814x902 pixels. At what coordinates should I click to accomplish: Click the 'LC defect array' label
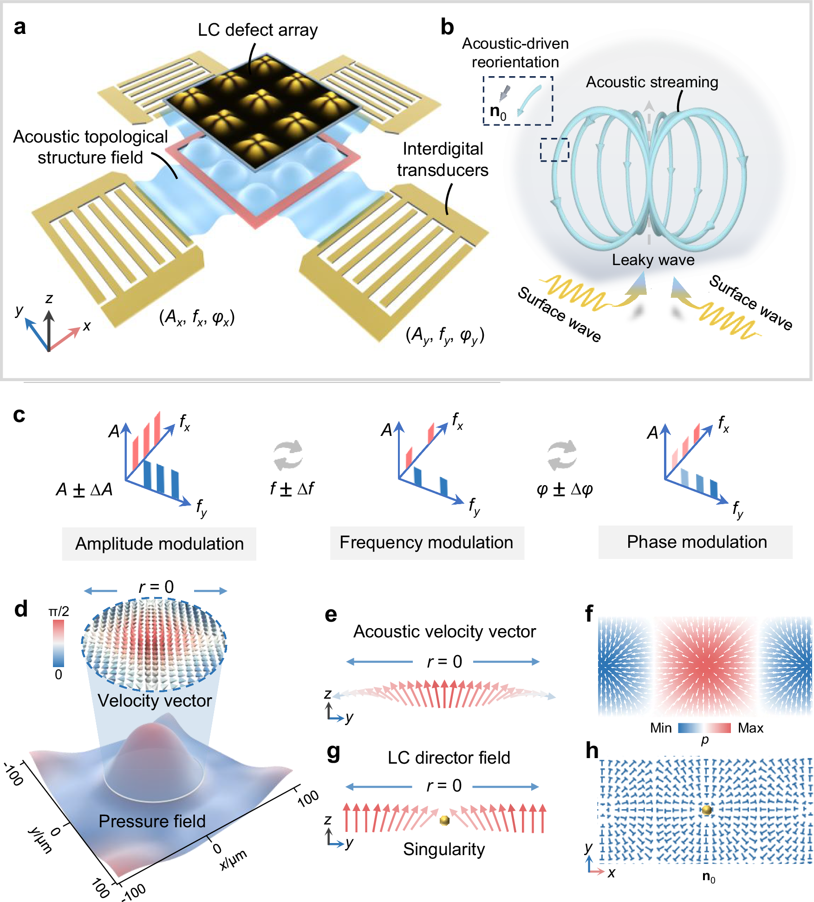pos(258,30)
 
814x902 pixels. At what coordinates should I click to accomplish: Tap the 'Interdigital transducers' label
pos(443,159)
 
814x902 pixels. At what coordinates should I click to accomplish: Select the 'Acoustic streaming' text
pos(651,82)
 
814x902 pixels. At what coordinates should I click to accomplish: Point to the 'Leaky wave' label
pos(653,260)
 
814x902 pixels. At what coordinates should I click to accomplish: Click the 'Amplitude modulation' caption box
pos(159,544)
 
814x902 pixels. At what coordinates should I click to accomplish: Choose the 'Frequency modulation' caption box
pos(427,543)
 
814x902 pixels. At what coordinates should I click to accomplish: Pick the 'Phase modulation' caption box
pos(697,542)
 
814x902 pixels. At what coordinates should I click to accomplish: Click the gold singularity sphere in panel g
pos(444,820)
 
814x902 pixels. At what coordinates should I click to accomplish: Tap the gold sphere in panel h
pos(707,810)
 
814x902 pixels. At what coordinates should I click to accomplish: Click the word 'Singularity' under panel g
pos(444,849)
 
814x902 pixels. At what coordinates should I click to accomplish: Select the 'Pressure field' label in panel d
pos(152,821)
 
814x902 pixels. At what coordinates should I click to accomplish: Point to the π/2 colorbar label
pos(59,611)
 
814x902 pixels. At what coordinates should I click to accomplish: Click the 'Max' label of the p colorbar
pos(750,728)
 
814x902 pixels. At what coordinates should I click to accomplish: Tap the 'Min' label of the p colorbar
pos(661,728)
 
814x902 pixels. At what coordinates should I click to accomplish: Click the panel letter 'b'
pos(447,27)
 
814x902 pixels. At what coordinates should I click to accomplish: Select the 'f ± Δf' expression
pos(292,489)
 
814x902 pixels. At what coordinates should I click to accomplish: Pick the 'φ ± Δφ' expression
pos(565,489)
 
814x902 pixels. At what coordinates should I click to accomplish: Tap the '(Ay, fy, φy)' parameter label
pos(445,335)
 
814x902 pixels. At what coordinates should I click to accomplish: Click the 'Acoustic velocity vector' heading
pos(444,632)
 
